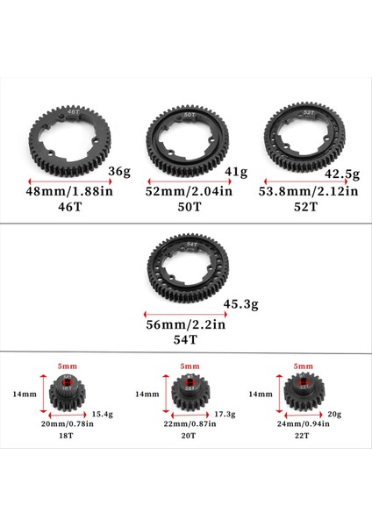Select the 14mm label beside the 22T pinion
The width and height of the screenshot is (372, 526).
pyautogui.click(x=261, y=394)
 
